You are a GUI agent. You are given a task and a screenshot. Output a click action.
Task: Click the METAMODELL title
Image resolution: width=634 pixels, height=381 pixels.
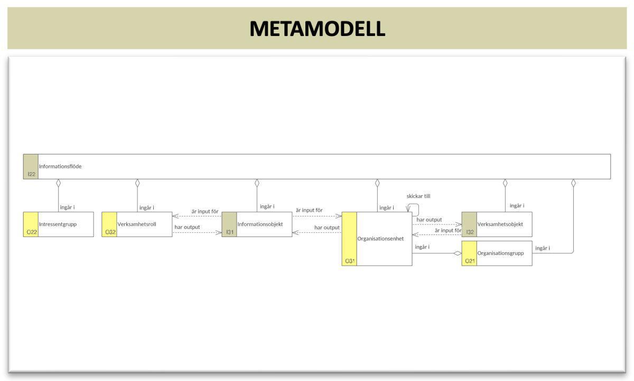tap(317, 29)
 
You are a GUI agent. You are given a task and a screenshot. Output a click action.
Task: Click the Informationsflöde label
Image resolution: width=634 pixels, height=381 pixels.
tap(60, 166)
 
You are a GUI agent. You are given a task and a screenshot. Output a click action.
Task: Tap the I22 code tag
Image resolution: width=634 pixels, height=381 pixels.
tap(31, 174)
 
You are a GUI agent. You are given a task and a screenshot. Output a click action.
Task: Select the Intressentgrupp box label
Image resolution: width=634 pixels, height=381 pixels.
tap(58, 224)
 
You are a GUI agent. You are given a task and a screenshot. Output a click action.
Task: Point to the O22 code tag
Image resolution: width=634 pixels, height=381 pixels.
tap(31, 232)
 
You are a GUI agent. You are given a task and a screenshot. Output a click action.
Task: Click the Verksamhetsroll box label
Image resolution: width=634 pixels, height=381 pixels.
tap(137, 224)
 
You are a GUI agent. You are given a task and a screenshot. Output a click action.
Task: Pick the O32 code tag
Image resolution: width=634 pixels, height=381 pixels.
tap(110, 232)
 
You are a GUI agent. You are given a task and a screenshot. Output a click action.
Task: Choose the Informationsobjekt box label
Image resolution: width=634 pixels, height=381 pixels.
tap(260, 224)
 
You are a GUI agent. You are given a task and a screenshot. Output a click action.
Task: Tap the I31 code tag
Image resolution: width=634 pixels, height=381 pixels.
tap(230, 232)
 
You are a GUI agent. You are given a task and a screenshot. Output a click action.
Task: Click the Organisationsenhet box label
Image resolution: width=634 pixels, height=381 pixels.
tap(380, 239)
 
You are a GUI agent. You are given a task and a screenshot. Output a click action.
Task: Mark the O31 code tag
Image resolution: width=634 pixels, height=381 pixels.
tap(350, 261)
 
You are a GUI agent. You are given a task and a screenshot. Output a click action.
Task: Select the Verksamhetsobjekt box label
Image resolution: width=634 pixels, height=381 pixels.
tap(500, 224)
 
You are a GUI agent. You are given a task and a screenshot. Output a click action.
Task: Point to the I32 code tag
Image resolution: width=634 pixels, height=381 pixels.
tap(470, 232)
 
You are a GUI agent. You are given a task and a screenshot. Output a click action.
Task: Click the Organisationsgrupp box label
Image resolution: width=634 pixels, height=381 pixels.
tap(500, 253)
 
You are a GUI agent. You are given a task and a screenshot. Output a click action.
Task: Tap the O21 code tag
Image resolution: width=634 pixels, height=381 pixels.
tap(470, 261)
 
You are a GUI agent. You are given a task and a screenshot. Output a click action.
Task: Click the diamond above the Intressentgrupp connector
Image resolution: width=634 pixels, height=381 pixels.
tap(59, 183)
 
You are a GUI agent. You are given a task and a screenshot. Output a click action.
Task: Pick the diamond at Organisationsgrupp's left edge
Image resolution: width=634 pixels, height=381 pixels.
tap(458, 253)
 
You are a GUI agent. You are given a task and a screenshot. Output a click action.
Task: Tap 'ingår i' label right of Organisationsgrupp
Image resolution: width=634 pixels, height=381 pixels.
tap(543, 248)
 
